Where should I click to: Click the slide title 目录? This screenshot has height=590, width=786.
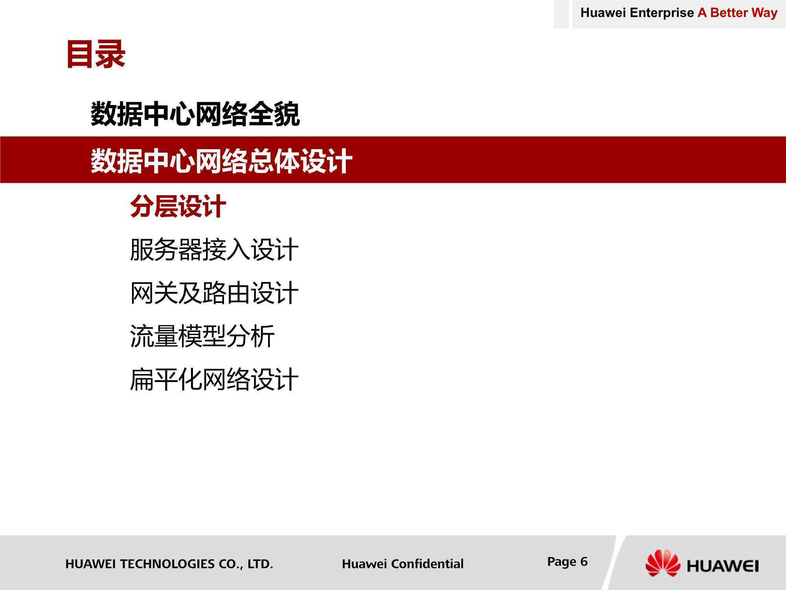96,54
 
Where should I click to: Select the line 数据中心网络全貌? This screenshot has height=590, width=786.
195,114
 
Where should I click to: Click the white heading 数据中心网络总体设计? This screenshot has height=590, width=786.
221,161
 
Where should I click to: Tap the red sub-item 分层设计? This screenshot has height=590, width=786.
178,206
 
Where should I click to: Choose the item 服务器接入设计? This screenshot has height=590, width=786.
214,249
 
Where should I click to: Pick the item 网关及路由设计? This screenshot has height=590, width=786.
214,293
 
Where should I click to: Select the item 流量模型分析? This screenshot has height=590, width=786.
202,336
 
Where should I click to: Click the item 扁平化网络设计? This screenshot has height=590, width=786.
214,379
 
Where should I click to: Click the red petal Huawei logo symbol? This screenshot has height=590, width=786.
663,563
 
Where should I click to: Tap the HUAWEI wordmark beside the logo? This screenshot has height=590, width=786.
723,566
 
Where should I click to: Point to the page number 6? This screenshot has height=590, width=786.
584,561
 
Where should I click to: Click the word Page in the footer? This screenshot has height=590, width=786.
562,562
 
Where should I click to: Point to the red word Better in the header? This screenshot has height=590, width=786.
729,13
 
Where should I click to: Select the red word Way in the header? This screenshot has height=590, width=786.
765,13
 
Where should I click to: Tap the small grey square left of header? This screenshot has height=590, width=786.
561,14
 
